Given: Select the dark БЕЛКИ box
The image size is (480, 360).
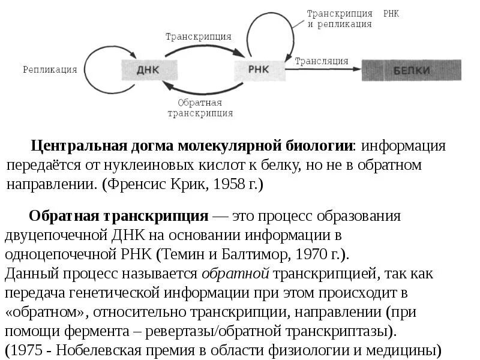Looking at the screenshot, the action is coord(412,71).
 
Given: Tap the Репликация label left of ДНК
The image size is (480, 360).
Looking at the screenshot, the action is coord(50,70).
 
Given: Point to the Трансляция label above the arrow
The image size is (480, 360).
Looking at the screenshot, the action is coord(322,61).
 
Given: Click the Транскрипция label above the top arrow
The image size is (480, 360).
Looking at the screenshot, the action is coord(199,36).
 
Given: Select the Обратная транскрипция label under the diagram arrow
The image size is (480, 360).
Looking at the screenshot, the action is coord(200,107).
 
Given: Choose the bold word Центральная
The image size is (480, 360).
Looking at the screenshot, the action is coord(79,146).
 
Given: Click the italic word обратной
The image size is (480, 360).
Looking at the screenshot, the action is coord(235,274).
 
